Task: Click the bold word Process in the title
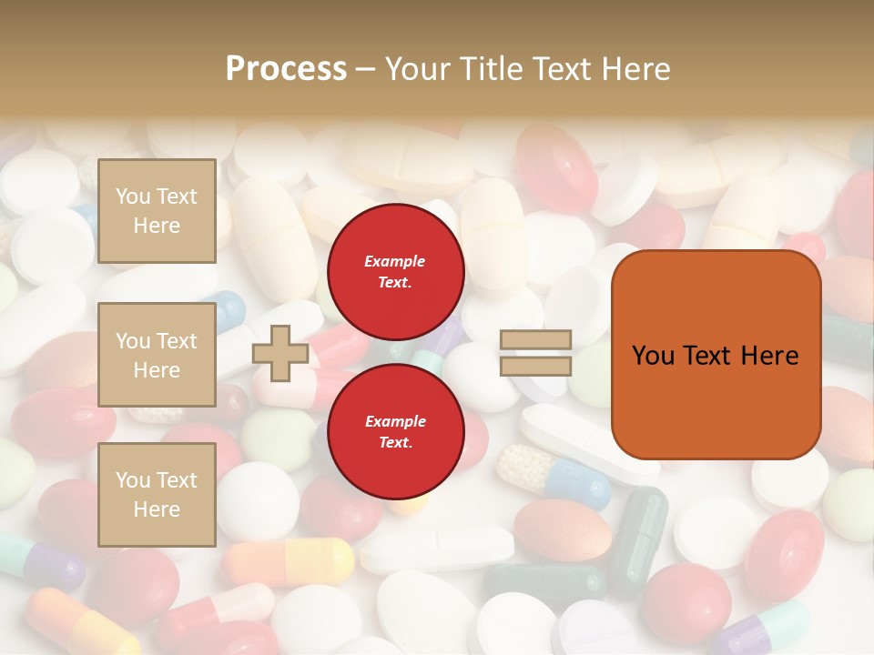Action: click(286, 69)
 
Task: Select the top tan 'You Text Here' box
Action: click(157, 211)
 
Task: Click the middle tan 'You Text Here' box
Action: click(157, 355)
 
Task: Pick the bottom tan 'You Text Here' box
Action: click(157, 495)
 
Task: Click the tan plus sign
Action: click(280, 353)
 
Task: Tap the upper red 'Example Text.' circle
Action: click(395, 271)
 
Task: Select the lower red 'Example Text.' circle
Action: click(395, 431)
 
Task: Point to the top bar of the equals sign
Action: click(535, 340)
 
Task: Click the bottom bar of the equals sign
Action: click(535, 366)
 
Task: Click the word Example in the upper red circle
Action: click(395, 261)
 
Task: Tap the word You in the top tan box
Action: click(133, 196)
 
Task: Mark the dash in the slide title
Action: click(366, 69)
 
